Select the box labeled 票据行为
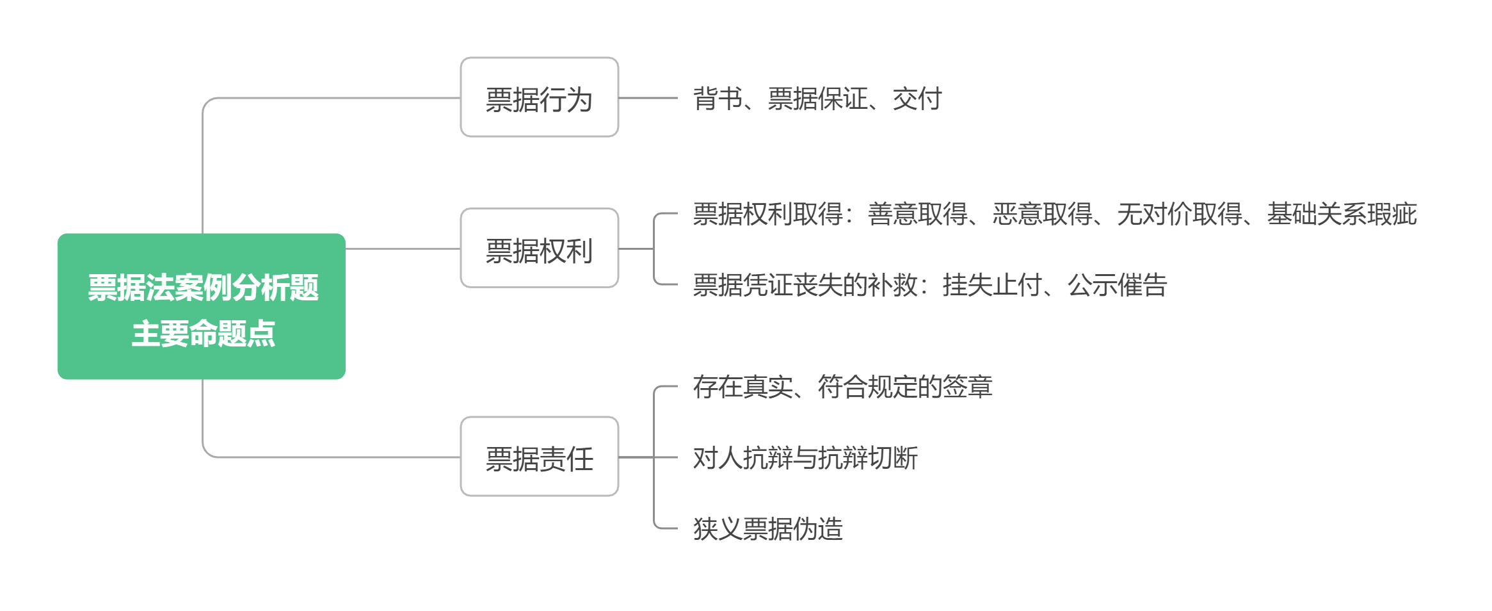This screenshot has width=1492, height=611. (x=539, y=97)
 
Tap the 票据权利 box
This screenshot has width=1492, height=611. (x=539, y=248)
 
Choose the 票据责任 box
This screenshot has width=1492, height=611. (x=539, y=457)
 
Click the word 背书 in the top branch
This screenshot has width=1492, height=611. (x=717, y=99)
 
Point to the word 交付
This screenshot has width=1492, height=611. (x=917, y=99)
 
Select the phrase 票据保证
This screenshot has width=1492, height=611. (x=817, y=99)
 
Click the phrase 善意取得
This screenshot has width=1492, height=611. (x=917, y=214)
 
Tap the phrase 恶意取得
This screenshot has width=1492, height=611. (x=1041, y=214)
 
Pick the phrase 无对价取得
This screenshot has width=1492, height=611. (x=1179, y=214)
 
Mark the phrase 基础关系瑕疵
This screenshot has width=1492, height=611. (x=1341, y=214)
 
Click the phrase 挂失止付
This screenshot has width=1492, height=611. (x=991, y=285)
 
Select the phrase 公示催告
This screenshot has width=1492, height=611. (x=1117, y=285)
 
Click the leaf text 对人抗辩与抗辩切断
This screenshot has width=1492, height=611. (x=805, y=458)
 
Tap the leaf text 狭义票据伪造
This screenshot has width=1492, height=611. (x=767, y=529)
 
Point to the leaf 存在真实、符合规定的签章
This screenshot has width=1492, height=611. (x=842, y=387)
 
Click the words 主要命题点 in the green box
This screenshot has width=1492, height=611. (x=203, y=334)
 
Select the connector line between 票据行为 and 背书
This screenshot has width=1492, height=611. (x=648, y=98)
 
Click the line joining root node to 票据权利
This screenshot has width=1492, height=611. (x=402, y=248)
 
